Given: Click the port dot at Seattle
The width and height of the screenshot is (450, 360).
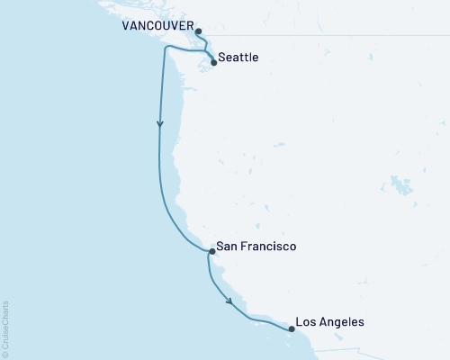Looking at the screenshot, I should click(213, 63).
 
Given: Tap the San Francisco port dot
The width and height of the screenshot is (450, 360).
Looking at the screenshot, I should click(211, 252).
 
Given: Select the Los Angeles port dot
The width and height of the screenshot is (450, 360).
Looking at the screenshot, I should click(291, 329).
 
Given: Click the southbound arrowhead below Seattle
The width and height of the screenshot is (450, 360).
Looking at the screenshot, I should click(160, 126).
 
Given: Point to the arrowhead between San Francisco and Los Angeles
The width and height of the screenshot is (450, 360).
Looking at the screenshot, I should click(229, 301).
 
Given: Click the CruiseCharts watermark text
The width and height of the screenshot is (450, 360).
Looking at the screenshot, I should click(6, 328).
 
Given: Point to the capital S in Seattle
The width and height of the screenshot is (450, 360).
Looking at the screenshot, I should click(223, 58).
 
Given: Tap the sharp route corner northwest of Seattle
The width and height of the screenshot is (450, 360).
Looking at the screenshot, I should click(165, 49).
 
